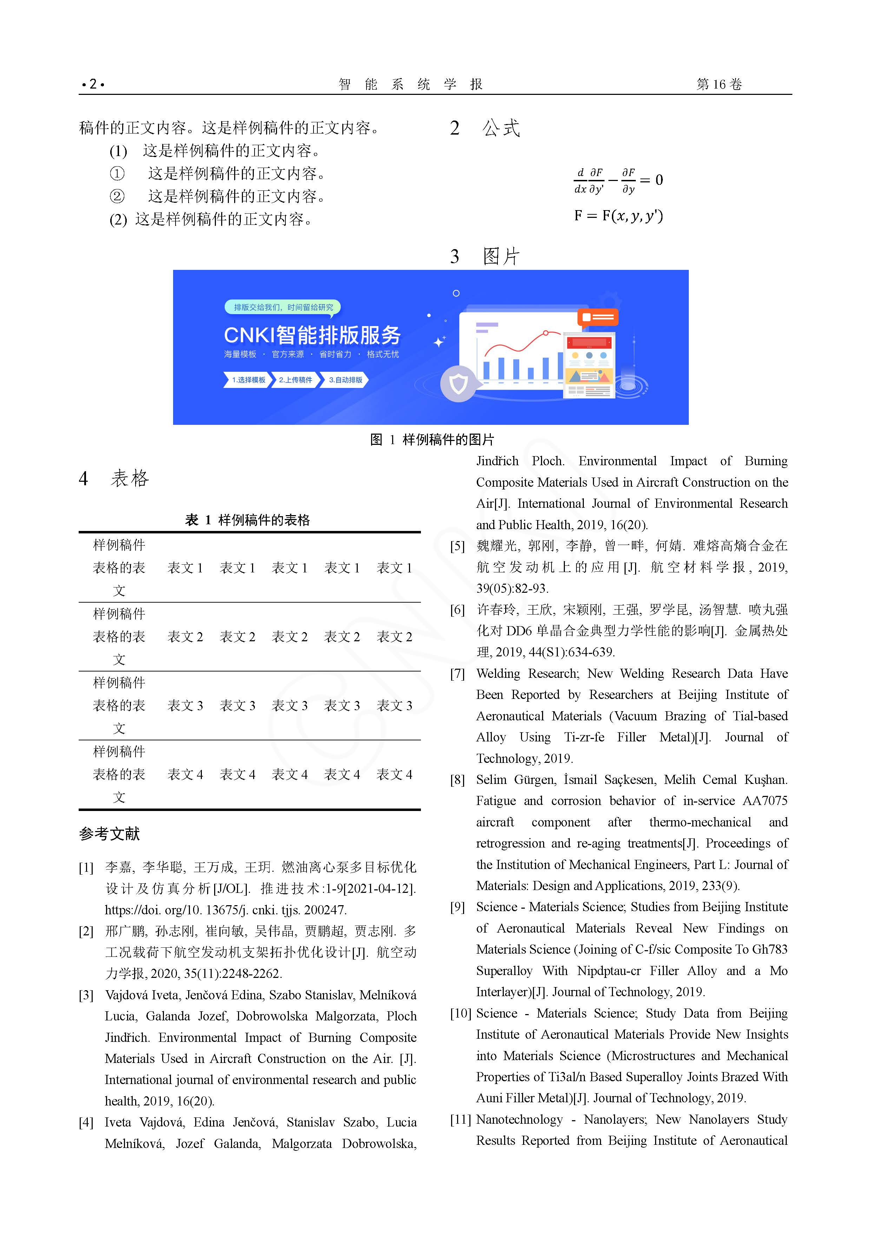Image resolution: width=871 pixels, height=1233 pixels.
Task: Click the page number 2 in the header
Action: pos(93,84)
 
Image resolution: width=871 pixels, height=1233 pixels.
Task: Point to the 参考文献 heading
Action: pos(110,834)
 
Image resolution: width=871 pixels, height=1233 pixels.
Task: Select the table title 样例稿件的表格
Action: pos(264,520)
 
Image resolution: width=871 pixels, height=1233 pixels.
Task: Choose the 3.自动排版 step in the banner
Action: pos(345,380)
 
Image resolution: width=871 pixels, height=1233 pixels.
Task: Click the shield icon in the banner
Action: pos(458,383)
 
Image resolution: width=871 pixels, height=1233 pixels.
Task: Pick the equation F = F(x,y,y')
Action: pos(618,216)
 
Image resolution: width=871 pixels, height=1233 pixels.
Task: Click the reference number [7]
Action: pos(457,674)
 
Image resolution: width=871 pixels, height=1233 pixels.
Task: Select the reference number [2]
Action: pos(86,931)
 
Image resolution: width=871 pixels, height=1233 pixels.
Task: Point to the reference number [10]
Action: pos(461,1013)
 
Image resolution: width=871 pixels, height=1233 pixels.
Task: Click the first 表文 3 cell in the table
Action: pos(185,706)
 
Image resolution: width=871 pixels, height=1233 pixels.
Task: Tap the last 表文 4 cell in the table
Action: pos(394,774)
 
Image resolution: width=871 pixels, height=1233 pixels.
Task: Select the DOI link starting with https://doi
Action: pos(225,910)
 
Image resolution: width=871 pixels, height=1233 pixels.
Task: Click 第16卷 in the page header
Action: pos(719,84)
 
